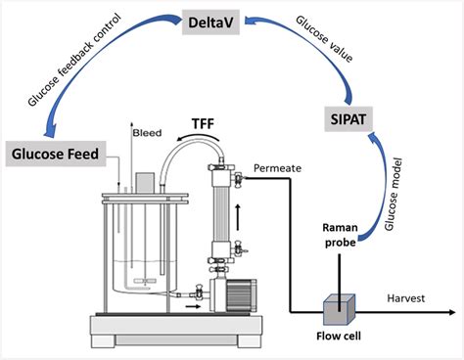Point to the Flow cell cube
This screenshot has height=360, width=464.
(x=338, y=309)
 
